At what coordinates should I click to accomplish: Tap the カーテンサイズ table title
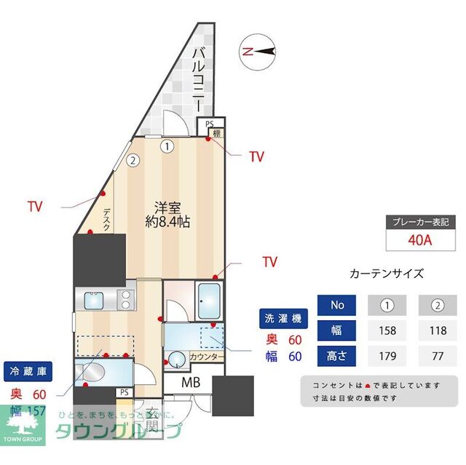pyautogui.click(x=386, y=274)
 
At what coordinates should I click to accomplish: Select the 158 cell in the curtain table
pyautogui.click(x=387, y=330)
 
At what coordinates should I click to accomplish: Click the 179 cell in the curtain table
pyautogui.click(x=387, y=357)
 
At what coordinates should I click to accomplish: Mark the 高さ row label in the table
pyautogui.click(x=337, y=357)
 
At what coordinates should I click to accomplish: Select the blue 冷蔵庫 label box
pyautogui.click(x=27, y=370)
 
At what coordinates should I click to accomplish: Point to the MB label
pyautogui.click(x=191, y=383)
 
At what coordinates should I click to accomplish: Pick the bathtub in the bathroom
pyautogui.click(x=212, y=298)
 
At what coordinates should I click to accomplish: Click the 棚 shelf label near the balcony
pyautogui.click(x=216, y=133)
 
